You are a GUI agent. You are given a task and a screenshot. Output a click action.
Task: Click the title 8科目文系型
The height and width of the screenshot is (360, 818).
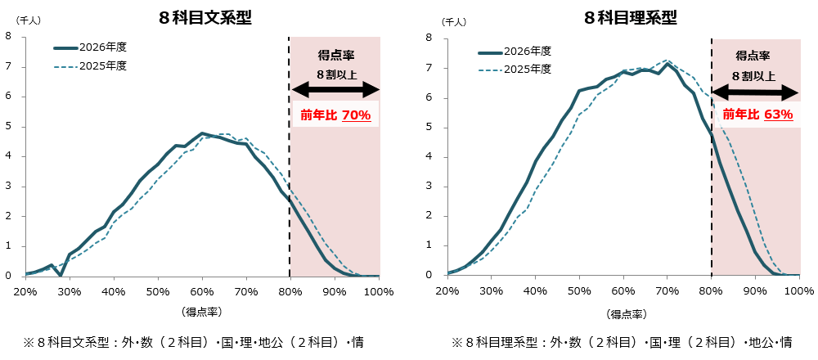coord(206,17)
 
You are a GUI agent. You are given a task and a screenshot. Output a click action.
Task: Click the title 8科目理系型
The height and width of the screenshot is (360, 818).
coord(629,17)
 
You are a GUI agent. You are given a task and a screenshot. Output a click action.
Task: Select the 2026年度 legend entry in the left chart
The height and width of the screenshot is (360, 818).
coord(90,48)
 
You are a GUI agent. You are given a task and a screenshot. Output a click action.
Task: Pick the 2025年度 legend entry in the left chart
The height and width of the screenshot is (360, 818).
coord(90,66)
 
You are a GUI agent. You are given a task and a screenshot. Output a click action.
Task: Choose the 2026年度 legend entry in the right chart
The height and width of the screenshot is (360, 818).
coord(515,52)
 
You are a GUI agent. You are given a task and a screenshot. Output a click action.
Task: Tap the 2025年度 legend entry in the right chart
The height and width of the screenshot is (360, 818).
coord(515,70)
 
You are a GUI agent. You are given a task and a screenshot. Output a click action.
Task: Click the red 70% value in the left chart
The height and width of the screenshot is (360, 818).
coord(357,115)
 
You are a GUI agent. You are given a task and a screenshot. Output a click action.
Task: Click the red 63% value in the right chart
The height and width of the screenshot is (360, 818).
coord(779,115)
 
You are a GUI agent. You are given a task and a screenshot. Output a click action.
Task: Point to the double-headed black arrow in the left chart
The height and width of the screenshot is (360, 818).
coord(335,89)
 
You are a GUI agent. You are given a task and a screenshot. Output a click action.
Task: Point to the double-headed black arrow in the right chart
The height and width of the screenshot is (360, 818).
coord(756,91)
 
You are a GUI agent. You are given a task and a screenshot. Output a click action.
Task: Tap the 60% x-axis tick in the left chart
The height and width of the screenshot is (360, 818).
coord(202,291)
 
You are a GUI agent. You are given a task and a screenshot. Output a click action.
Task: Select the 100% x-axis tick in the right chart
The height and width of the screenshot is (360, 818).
coord(801,291)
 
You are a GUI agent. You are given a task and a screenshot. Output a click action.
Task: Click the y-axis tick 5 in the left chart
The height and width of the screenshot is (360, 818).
coord(8,126)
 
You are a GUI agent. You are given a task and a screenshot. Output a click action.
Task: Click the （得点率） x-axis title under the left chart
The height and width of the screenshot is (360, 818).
coord(202,312)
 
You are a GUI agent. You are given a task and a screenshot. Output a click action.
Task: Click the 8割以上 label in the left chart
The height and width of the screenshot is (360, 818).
coord(335,74)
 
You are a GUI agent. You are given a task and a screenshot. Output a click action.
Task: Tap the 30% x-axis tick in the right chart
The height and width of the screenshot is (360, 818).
coord(492,291)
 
